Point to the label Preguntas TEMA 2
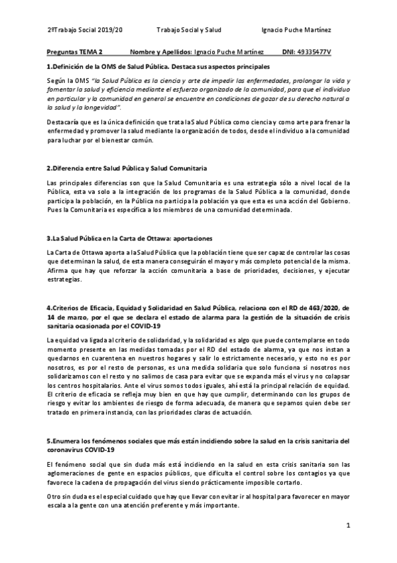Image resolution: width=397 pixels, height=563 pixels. click(x=76, y=51)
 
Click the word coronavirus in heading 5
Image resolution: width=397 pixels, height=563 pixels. click(x=68, y=449)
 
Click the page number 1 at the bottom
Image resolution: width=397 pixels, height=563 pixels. click(x=348, y=526)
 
